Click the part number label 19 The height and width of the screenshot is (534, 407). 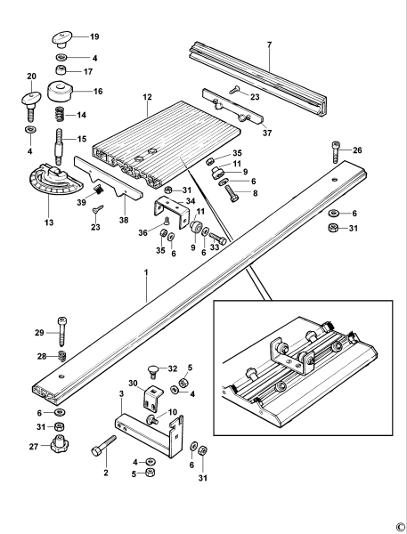pyautogui.click(x=94, y=37)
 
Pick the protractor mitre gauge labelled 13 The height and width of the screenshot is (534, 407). pyautogui.click(x=53, y=186)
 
